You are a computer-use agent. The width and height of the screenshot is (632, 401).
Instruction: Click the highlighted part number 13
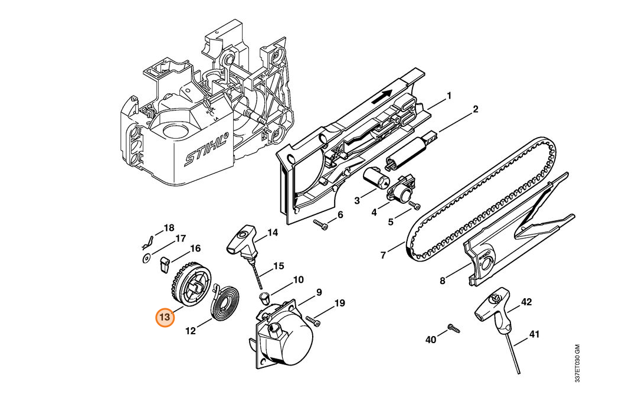(165, 318)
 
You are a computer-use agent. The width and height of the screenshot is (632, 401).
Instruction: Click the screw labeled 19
(313, 321)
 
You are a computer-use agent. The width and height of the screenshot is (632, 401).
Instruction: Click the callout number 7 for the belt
(383, 255)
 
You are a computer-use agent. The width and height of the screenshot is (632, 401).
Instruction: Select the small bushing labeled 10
(264, 298)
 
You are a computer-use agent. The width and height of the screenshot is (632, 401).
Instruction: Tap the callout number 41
(534, 334)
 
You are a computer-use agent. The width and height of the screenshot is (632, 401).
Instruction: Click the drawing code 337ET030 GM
(577, 363)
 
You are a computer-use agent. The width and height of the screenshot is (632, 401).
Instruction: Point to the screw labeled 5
(414, 206)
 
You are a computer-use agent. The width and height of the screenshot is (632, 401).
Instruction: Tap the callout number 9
(319, 292)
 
